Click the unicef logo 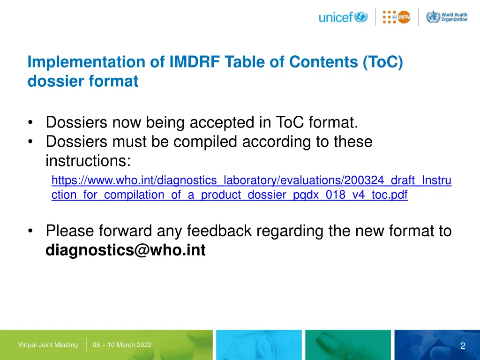pos(343,17)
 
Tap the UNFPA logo pos(397,17)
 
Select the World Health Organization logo pos(447,17)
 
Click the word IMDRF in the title pos(192,62)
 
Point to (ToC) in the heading pos(382,62)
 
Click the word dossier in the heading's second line pos(54,82)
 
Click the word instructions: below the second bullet pos(88,161)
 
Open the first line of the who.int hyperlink pos(251,180)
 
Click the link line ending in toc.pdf pos(229,195)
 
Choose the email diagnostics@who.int pos(126,251)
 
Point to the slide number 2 pos(463,346)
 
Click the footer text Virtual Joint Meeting pos(48,345)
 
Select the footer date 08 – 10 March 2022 pos(122,345)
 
